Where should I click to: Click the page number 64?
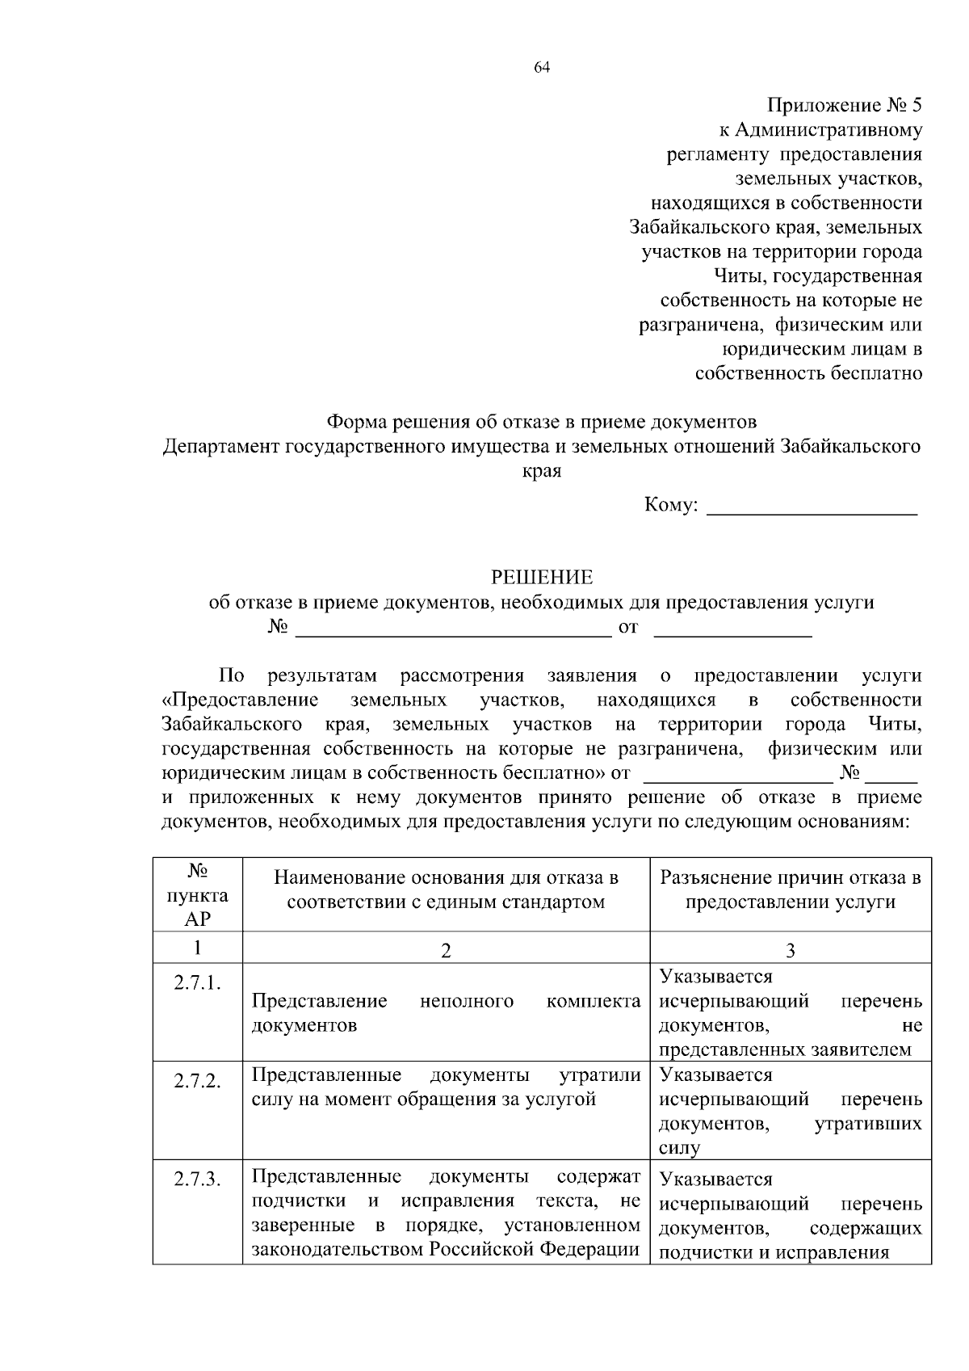[542, 68]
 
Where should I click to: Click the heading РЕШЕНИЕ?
[542, 578]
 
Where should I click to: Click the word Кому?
[670, 506]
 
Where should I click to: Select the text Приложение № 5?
[844, 106]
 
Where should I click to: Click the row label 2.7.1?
[198, 983]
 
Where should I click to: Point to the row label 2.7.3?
[198, 1180]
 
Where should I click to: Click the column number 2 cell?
[446, 951]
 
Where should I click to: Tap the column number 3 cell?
[790, 951]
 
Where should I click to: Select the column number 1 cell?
[198, 948]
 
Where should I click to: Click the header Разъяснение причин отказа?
[790, 879]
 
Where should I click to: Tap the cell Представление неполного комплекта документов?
[446, 1013]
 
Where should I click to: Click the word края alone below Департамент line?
[542, 471]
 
